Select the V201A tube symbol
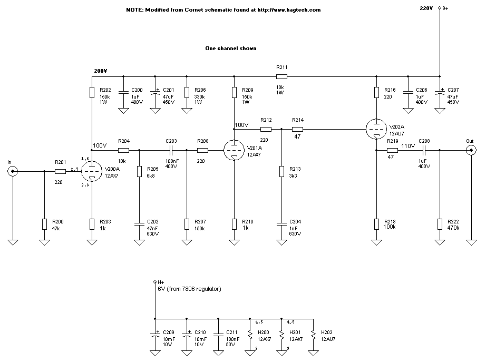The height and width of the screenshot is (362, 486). coord(234,150)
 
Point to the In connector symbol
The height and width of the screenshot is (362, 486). coord(13,171)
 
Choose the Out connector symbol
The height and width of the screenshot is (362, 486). coord(471,150)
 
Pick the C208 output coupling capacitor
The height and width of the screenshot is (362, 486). coord(424,150)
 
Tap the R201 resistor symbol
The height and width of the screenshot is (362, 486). coord(60,171)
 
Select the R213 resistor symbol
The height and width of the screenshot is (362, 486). coord(281,171)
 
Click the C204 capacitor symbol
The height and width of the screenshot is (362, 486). coord(281,224)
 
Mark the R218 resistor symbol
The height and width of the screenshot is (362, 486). coord(376,224)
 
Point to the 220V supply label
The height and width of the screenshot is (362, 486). coord(426,8)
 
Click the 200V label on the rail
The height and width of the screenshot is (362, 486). coord(100,71)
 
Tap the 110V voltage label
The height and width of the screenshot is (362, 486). coord(409,145)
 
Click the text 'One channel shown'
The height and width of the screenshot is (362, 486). coord(231,48)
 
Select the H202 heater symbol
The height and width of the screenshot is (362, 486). coord(313,335)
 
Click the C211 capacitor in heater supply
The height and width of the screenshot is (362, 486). coord(218,335)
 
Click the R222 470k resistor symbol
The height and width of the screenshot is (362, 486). coord(440,224)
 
